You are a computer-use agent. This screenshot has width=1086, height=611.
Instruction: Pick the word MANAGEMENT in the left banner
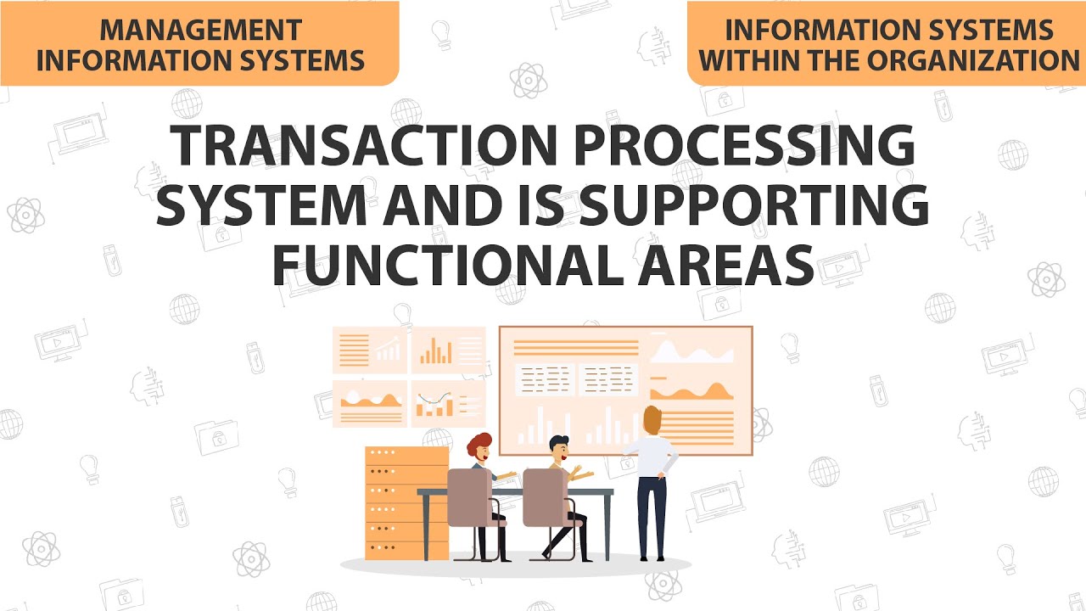point(200,31)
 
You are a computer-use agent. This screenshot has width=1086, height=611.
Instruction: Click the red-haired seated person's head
point(479,447)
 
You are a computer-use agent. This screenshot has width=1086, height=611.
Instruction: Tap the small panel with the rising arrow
point(371,349)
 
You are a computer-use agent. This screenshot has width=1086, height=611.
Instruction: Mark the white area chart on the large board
point(691,351)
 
